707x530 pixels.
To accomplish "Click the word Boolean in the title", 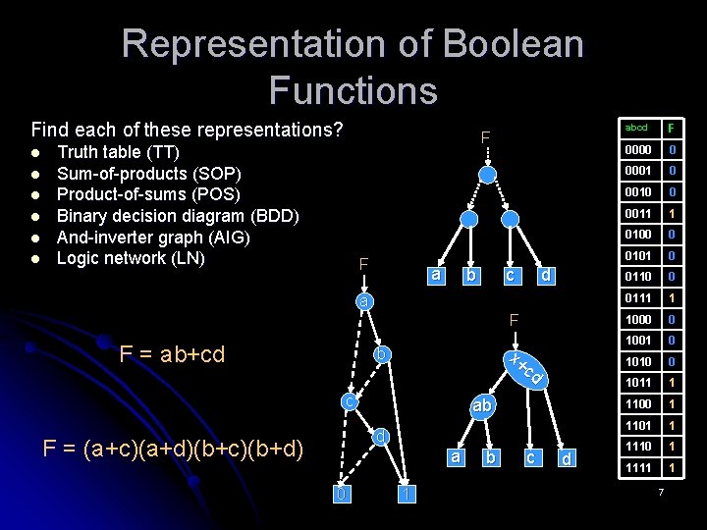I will [x=513, y=44].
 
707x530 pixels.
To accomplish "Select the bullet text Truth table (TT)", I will [x=118, y=152].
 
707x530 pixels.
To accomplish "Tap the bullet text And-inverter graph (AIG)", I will [x=154, y=237].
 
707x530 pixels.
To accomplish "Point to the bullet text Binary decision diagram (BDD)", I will [x=178, y=216].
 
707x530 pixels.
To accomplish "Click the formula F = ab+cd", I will [x=172, y=353].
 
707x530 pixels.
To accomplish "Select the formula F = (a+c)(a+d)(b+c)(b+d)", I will [x=174, y=450].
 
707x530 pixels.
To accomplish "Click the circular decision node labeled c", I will [x=349, y=401].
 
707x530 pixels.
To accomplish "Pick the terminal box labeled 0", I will [x=340, y=494].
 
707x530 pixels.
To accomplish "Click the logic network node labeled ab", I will [x=481, y=404].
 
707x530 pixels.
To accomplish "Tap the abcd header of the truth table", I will [x=636, y=128].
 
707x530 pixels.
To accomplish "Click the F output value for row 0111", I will [x=673, y=298].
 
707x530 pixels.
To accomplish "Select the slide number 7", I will [x=662, y=491].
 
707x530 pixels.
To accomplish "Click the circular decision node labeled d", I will [x=381, y=436].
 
